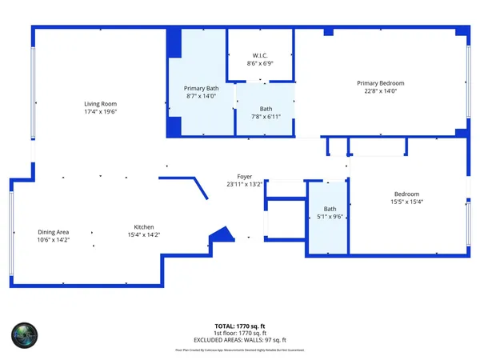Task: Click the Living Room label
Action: click(x=101, y=103)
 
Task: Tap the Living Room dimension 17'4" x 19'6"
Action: click(x=101, y=112)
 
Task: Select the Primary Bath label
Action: click(x=201, y=88)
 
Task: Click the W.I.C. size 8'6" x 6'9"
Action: click(x=260, y=63)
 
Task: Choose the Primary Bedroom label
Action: click(x=380, y=83)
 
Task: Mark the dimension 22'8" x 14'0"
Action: click(x=380, y=91)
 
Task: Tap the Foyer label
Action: click(x=244, y=177)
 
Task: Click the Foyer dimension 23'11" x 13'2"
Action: click(x=244, y=185)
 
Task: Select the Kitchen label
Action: click(x=144, y=227)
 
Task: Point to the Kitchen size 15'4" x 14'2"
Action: click(x=144, y=235)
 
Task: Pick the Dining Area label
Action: click(x=53, y=232)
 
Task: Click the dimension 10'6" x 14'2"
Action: click(x=53, y=240)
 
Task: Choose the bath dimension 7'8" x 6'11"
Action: click(x=266, y=118)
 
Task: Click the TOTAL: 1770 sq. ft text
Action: click(x=240, y=326)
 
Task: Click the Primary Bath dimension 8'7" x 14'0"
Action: click(x=201, y=96)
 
